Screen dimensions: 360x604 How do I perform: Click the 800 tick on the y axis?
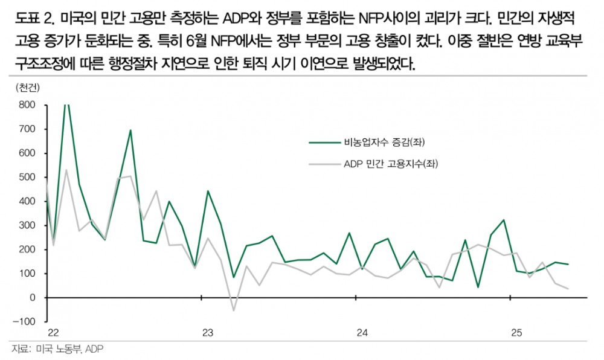tap(28, 105)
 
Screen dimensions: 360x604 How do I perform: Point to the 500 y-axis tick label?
tap(28, 177)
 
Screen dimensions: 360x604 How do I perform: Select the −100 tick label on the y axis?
tap(25, 321)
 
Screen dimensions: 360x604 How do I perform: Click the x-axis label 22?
tap(53, 333)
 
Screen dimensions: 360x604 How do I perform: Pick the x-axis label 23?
tap(208, 333)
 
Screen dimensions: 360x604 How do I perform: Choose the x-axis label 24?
tap(362, 333)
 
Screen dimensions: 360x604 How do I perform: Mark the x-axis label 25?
tap(516, 333)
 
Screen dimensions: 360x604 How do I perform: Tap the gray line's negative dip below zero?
tap(233, 310)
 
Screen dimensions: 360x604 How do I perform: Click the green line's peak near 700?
tap(130, 130)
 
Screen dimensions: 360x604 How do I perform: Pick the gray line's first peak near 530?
tap(66, 170)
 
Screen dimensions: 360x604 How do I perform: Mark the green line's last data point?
tap(568, 264)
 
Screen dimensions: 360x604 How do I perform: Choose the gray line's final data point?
tap(568, 289)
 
